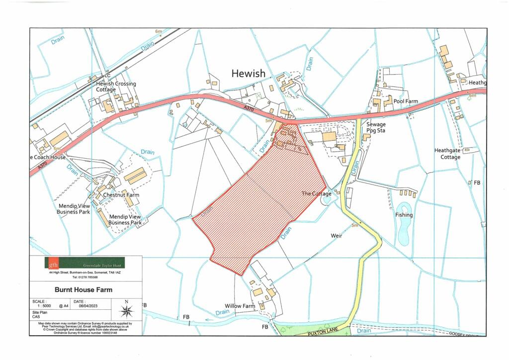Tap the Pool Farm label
click(406, 101)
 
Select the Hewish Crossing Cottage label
click(116, 87)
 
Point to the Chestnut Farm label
click(121, 195)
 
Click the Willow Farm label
click(240, 306)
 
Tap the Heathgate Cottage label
click(447, 154)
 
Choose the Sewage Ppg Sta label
click(376, 128)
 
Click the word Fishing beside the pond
click(404, 215)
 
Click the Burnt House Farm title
click(84, 289)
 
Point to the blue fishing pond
click(403, 226)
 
